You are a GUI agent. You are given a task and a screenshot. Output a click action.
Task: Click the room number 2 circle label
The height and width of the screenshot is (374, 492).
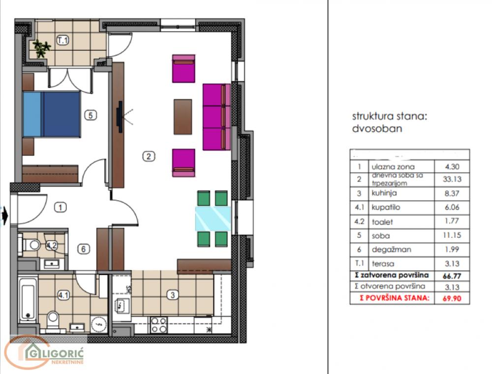pos(148,156)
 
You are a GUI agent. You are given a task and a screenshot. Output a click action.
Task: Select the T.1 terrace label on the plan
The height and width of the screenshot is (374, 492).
pos(62,41)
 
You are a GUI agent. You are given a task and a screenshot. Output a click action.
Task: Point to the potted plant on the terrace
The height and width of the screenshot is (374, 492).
pos(42,48)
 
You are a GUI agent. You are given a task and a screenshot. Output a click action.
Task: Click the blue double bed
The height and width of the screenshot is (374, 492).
pos(52,114)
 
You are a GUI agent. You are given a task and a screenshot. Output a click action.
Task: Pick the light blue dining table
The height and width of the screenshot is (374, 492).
pos(213,219)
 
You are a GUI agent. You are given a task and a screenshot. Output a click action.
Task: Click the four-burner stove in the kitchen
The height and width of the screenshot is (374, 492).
pos(158,325)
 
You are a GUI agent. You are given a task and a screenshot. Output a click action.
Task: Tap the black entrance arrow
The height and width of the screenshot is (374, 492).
pos(5,215)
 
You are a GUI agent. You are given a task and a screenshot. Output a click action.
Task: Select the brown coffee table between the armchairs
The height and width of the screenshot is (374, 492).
pos(183,117)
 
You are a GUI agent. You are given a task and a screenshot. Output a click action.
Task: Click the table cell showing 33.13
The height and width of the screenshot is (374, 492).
pos(452,179)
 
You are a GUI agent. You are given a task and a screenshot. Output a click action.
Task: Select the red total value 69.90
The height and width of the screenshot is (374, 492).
pos(452,298)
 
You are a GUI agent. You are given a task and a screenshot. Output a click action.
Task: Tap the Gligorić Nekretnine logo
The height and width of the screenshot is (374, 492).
pos(44,352)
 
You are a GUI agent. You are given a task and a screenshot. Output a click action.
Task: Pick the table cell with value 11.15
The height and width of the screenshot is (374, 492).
pos(452,236)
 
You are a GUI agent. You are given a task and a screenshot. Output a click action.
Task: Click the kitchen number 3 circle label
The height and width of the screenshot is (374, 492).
pos(172,295)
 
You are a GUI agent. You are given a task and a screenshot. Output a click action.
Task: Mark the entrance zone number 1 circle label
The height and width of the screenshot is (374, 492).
pos(60,207)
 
